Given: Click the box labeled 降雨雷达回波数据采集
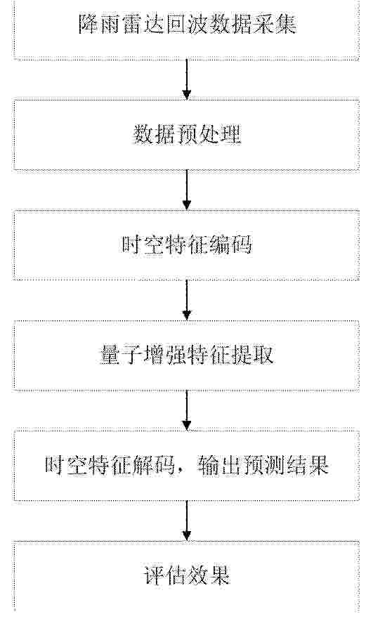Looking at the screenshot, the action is [186, 30].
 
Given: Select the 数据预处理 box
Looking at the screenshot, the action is [186, 134].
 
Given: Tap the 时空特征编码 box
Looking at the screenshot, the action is [186, 245].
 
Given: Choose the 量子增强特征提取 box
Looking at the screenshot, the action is [186, 355].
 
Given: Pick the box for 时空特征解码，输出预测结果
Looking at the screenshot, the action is [186, 465].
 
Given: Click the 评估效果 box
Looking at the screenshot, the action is [186, 576].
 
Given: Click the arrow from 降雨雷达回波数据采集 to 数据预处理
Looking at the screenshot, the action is [186, 79].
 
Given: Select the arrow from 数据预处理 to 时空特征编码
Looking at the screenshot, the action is [186, 190].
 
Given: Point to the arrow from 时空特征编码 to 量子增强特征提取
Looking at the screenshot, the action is [186, 300].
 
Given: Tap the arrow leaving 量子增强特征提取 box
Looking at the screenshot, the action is [186, 410].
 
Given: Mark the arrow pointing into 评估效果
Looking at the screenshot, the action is [186, 521].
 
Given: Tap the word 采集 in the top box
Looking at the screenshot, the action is [274, 24].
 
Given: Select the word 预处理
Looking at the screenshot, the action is [209, 134].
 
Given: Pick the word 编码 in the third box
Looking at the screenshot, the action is [230, 245].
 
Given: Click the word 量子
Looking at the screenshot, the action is [122, 355].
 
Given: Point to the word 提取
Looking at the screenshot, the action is [252, 355].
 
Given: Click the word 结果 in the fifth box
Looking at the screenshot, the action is [307, 465].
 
